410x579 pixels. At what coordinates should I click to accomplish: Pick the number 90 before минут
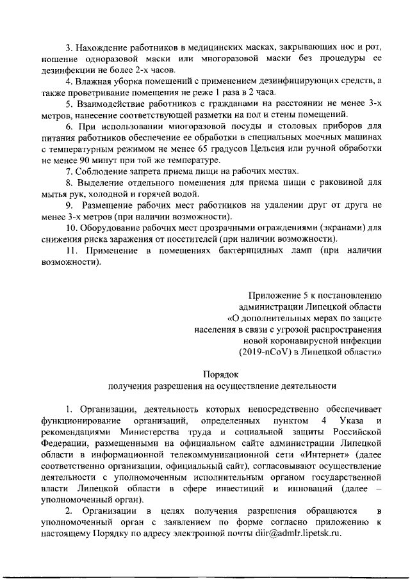click(x=83, y=160)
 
